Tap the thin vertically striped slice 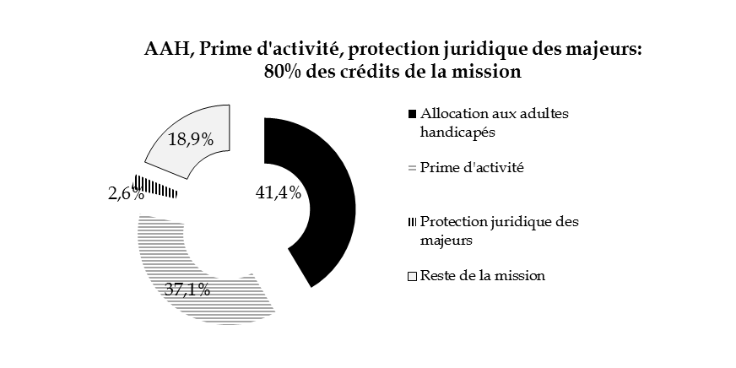(x=156, y=187)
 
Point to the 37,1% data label (x=187, y=289)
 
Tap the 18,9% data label (x=190, y=140)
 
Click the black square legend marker (x=412, y=113)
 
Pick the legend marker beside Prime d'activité (x=412, y=168)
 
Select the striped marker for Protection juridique (x=412, y=222)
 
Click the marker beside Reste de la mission (x=412, y=276)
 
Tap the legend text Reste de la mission (x=483, y=276)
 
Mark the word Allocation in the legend (x=452, y=113)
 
